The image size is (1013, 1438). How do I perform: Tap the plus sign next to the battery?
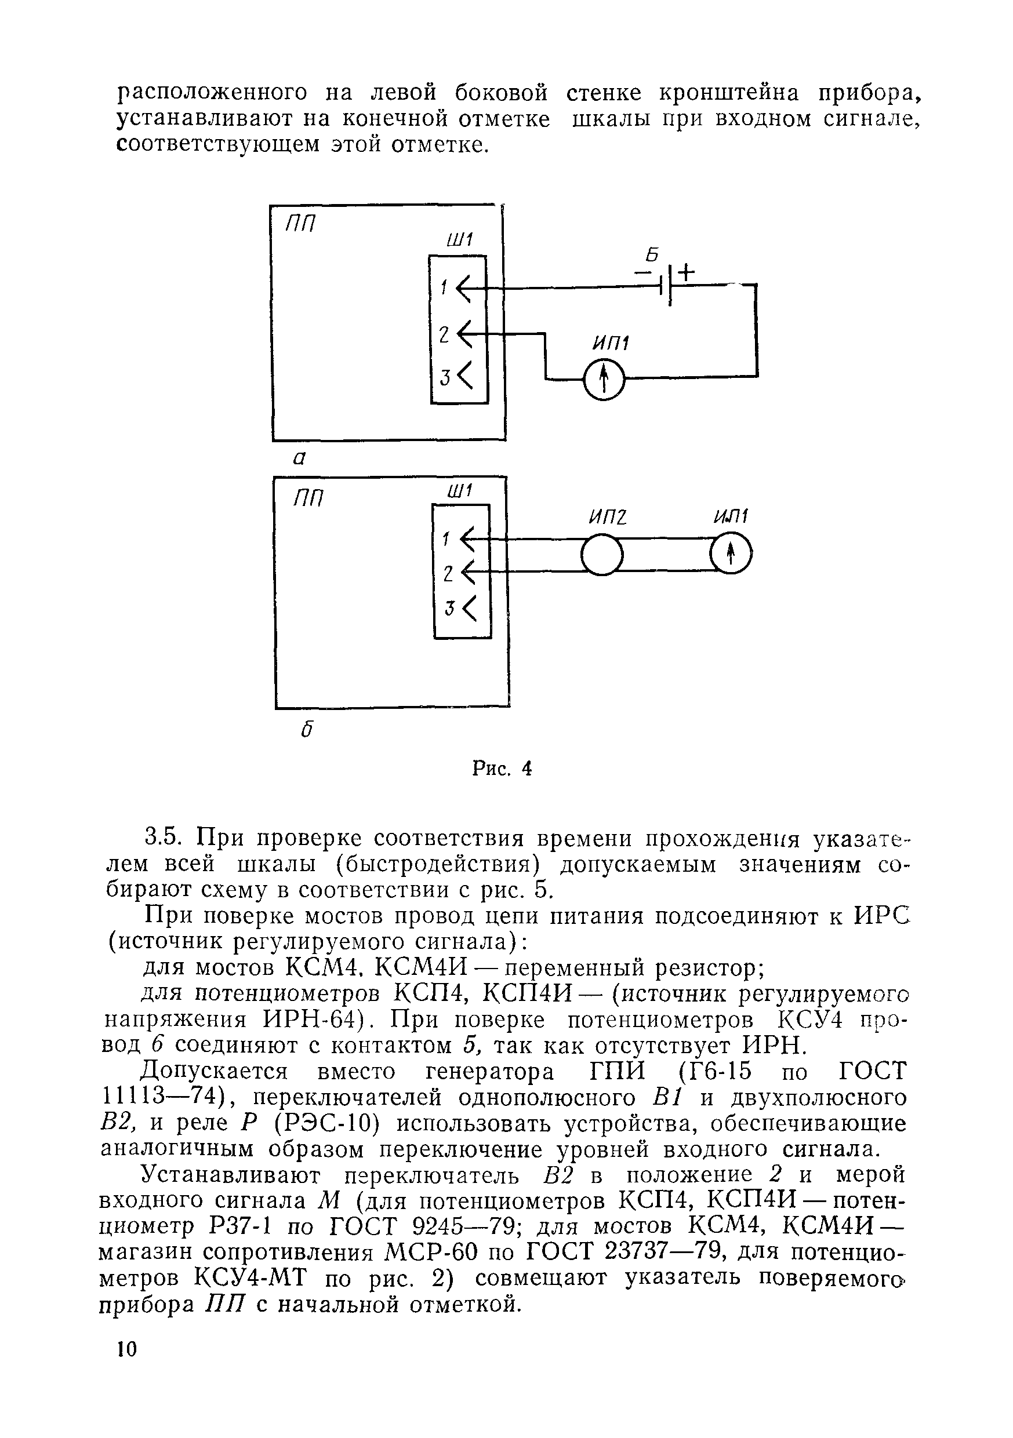[x=687, y=272]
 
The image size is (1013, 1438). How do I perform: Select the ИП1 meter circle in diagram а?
[x=603, y=379]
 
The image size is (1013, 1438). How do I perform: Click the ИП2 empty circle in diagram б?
[x=602, y=554]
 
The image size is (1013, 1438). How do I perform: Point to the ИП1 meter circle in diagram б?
[x=731, y=554]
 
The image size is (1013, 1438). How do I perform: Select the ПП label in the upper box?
[x=300, y=224]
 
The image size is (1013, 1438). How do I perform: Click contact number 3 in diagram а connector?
[x=445, y=378]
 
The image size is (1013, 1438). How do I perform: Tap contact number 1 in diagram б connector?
[x=446, y=538]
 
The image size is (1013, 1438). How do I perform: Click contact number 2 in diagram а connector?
[x=444, y=334]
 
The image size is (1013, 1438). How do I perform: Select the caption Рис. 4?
[x=502, y=768]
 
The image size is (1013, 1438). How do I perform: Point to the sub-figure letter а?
[x=299, y=458]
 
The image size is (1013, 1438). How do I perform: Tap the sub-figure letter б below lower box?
[x=306, y=730]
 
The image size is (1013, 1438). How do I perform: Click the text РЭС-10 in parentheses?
[x=327, y=1123]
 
